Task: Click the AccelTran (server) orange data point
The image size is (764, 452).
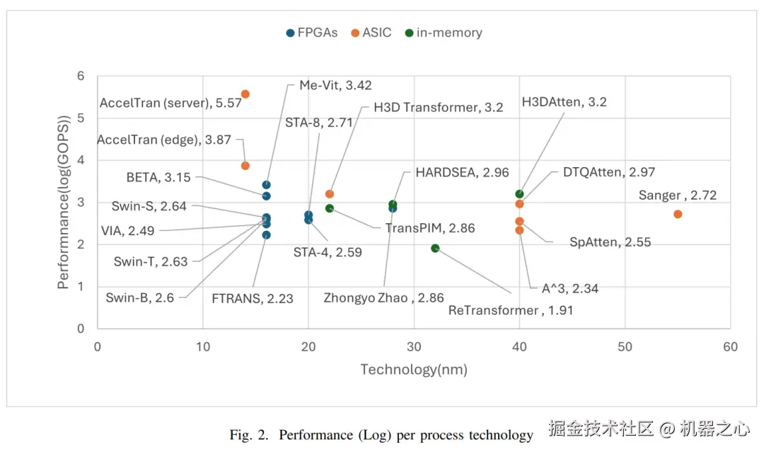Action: (x=245, y=94)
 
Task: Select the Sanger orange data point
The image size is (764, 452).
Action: (x=678, y=214)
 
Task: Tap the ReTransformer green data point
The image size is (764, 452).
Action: (x=435, y=248)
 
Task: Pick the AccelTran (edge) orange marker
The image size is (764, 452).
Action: (x=245, y=166)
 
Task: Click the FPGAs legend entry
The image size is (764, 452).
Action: (x=312, y=33)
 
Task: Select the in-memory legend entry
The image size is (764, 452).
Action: (x=444, y=33)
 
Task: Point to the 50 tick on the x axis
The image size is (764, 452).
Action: (x=625, y=346)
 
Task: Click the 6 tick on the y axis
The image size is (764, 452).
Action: (x=81, y=76)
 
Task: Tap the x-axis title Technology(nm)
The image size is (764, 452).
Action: (x=414, y=370)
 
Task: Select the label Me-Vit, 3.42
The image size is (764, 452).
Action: (x=335, y=86)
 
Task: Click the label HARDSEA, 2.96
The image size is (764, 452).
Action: (x=462, y=172)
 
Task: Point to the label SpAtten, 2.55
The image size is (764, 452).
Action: (x=610, y=242)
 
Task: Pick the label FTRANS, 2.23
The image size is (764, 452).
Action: (x=253, y=298)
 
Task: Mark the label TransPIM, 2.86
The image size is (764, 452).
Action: (x=430, y=228)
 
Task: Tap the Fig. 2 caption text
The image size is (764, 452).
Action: (x=381, y=435)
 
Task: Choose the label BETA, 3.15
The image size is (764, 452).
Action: (x=159, y=176)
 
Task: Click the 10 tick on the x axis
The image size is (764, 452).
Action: (x=203, y=346)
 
